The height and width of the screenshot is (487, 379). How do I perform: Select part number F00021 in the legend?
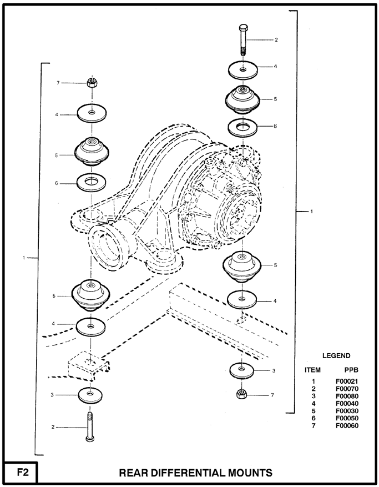pyautogui.click(x=347, y=381)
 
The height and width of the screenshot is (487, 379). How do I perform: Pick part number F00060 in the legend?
pyautogui.click(x=347, y=426)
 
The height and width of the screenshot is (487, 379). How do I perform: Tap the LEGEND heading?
pyautogui.click(x=336, y=355)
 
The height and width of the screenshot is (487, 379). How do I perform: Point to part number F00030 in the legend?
pyautogui.click(x=347, y=411)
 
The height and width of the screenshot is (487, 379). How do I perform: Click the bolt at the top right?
pyautogui.click(x=243, y=39)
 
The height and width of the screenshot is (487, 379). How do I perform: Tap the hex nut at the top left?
pyautogui.click(x=93, y=83)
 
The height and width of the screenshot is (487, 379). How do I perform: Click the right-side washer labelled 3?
pyautogui.click(x=242, y=369)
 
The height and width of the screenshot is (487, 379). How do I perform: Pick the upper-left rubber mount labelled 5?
pyautogui.click(x=93, y=150)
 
